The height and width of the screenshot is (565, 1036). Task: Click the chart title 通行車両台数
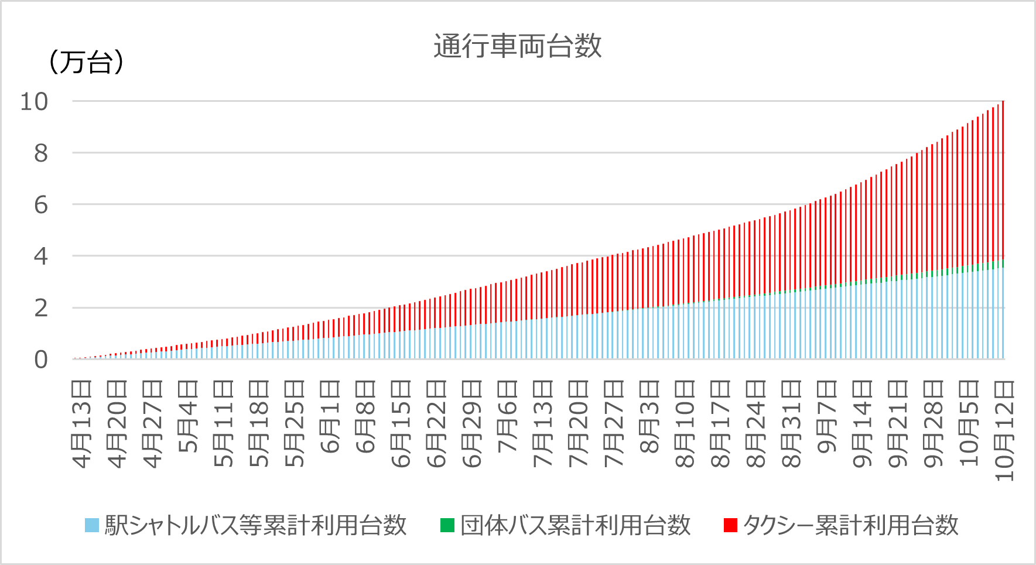(518, 46)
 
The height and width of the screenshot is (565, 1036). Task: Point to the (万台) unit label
(86, 62)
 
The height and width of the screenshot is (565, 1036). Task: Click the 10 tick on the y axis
(34, 101)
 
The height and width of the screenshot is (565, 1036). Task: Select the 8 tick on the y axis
(40, 153)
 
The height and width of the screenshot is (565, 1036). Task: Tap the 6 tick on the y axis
(40, 205)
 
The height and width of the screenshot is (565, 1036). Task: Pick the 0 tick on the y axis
(40, 359)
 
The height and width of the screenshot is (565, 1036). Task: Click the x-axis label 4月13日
(82, 424)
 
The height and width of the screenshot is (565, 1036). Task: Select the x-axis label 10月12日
(1004, 430)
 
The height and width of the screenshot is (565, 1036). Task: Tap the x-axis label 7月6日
(508, 417)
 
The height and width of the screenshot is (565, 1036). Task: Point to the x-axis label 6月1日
(330, 417)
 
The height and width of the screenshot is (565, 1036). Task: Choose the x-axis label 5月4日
(189, 417)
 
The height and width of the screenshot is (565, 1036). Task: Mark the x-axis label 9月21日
(898, 424)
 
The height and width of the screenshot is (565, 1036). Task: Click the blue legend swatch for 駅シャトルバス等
(92, 525)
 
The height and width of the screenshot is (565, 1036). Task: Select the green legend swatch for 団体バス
(447, 525)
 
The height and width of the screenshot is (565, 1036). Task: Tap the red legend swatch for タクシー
(730, 525)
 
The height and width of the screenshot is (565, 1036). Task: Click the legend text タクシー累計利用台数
(850, 525)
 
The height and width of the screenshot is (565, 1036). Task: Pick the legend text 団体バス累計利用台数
(576, 525)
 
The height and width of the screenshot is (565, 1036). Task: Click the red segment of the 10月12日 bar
(1003, 176)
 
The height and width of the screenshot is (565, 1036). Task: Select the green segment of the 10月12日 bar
(1003, 263)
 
